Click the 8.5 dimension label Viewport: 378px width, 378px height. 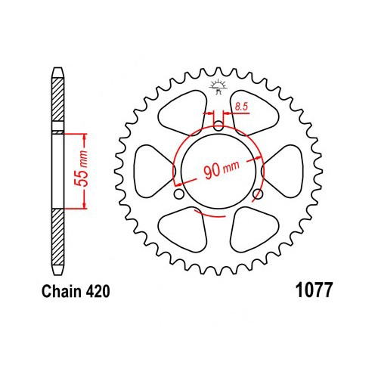click(241, 107)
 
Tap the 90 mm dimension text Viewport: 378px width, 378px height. click(221, 170)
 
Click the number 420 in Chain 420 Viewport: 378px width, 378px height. click(98, 291)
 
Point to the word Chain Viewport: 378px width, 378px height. click(62, 291)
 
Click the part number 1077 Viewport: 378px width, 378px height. click(314, 290)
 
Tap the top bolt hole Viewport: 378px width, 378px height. click(218, 125)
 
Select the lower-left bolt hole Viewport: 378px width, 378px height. click(179, 194)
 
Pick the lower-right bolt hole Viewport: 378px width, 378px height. click(258, 194)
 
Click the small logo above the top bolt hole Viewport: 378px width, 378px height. click(217, 86)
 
